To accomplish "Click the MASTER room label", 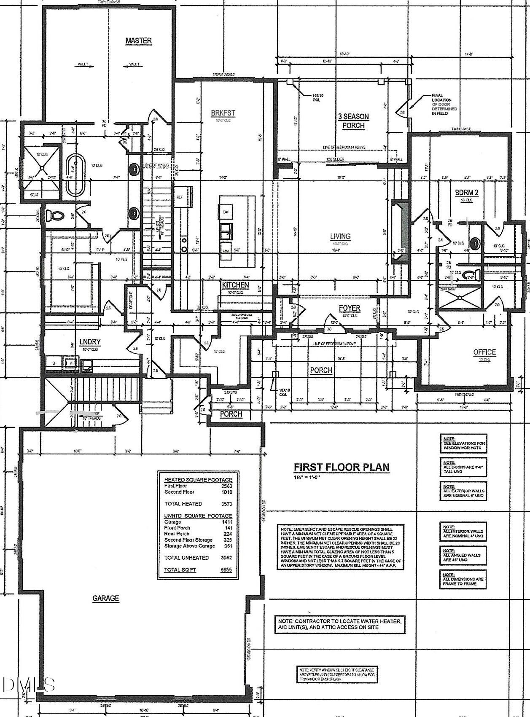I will [x=138, y=41].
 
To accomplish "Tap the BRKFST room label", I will [x=223, y=113].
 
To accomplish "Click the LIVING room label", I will [x=340, y=236].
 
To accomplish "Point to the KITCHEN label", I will [x=236, y=285].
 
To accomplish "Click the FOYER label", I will [x=350, y=309].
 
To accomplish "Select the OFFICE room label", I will [x=484, y=352].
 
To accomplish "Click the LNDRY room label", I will [x=89, y=342].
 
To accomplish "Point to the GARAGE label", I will [x=106, y=598].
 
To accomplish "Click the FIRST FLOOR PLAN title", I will [x=342, y=467].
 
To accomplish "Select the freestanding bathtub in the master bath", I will [x=75, y=175].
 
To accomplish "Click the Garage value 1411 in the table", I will [x=226, y=522].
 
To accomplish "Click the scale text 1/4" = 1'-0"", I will [x=307, y=477].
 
